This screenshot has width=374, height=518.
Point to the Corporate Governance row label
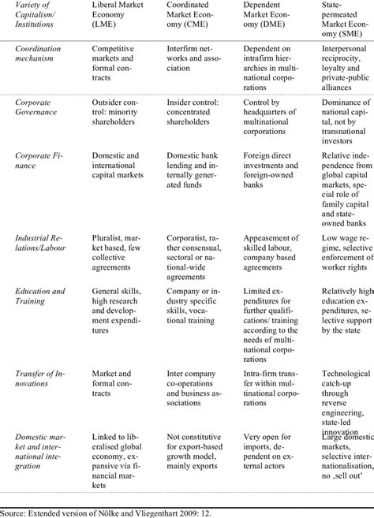[x=36, y=107]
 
